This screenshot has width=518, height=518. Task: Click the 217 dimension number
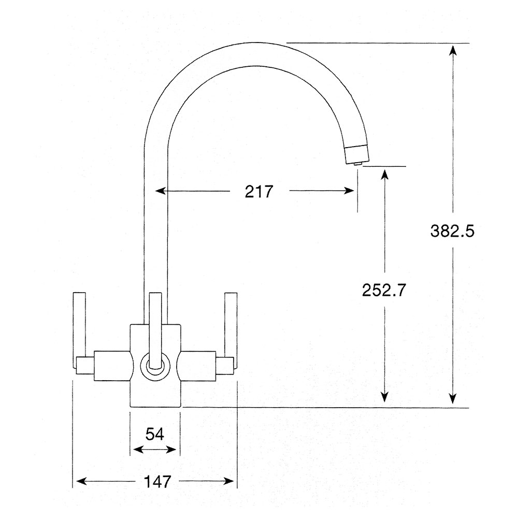coord(258,192)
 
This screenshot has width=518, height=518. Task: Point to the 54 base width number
coord(154,434)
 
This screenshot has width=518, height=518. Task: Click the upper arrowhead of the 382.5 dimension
coord(453,50)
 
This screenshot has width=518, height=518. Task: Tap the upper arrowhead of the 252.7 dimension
coord(384,173)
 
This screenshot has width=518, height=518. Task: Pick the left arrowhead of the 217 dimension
coord(160,191)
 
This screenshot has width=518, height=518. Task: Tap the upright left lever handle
coord(79,324)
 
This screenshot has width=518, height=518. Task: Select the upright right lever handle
coord(230,324)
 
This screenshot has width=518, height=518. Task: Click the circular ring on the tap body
coord(155,366)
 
